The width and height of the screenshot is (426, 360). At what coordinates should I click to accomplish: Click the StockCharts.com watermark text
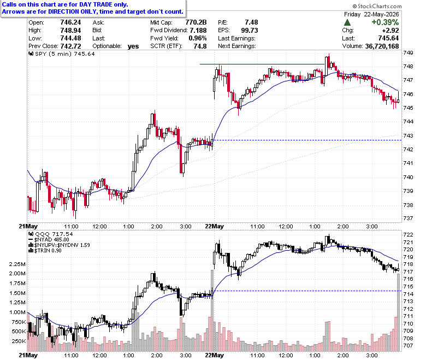coord(377,6)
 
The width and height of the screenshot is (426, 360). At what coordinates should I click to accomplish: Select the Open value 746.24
coord(70,22)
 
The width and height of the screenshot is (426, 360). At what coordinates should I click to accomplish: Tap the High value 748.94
coord(70,30)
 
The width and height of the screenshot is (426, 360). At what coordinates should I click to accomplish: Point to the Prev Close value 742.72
coord(70,46)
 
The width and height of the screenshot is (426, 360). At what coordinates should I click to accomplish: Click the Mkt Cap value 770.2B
coord(196,22)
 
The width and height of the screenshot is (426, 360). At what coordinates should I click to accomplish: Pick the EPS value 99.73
coord(250,30)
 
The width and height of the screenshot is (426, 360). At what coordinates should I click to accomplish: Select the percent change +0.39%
coord(385,22)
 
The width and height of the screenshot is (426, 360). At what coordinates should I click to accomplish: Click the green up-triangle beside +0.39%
coord(347,22)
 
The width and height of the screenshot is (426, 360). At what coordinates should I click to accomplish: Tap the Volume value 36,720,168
coord(382,46)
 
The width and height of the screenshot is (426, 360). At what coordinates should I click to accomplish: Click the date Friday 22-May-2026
coord(371,14)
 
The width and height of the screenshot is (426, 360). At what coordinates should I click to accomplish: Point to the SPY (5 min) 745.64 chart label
coord(62,54)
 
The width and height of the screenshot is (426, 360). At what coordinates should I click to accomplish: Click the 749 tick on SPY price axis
coord(408,52)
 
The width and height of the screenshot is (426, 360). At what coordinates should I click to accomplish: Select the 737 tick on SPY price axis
coord(408,218)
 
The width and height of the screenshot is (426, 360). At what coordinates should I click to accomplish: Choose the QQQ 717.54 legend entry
coord(51,234)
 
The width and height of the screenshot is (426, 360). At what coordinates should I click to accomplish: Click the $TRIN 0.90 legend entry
coord(45,251)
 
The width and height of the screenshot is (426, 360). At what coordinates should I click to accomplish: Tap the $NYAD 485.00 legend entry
coord(49,240)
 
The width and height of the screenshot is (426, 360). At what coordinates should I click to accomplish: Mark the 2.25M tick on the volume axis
coord(17,264)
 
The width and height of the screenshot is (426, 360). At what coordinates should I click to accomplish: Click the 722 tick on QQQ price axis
coord(408,234)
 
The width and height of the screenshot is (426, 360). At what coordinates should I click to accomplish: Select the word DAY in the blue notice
coord(85,4)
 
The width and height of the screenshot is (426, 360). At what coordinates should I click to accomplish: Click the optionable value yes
coord(133,46)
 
